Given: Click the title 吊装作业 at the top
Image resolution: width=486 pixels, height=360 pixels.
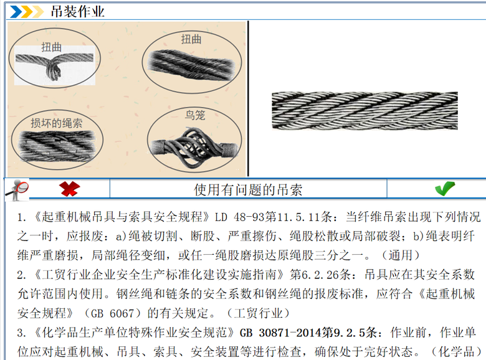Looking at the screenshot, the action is [x=77, y=12].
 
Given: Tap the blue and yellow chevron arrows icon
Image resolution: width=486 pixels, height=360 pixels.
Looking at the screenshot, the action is [x=27, y=12].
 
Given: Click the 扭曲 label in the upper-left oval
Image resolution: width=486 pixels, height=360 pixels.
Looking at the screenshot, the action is [x=52, y=47].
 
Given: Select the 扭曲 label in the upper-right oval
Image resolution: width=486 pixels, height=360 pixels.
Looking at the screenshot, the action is [x=191, y=39].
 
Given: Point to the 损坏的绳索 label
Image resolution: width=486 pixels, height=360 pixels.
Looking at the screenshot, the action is [x=57, y=123].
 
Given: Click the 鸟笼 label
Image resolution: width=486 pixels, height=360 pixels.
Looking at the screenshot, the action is [x=195, y=115].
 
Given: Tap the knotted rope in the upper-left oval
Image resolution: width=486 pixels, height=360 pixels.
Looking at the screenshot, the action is [x=55, y=65].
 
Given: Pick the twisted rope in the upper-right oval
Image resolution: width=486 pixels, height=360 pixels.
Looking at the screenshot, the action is [x=191, y=65].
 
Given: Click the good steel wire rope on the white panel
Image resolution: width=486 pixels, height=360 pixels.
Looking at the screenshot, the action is [x=364, y=110].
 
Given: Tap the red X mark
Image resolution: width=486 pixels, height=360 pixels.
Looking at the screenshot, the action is [x=69, y=189].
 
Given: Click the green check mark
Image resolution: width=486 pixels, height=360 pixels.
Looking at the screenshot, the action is [x=445, y=188].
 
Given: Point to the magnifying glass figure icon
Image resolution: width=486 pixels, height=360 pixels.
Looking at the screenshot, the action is [x=17, y=189].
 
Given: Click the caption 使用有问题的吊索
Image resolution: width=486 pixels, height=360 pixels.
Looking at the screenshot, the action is [x=248, y=189].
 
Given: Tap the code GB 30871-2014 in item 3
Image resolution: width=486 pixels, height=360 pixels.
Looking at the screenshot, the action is [x=280, y=333].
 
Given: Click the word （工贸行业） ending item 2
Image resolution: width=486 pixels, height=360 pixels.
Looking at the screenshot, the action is [x=258, y=313].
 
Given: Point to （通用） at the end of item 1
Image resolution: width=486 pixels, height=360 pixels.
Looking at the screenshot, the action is [x=400, y=255].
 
